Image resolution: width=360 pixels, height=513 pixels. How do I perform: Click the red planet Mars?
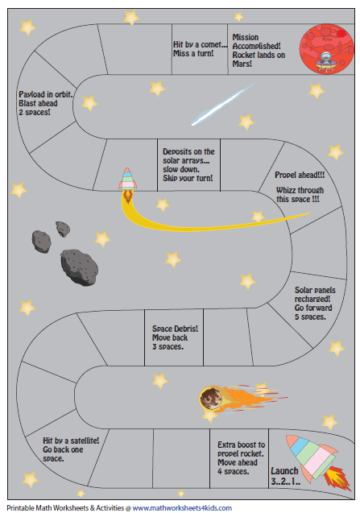click(326, 49)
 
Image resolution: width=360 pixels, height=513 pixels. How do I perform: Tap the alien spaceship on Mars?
click(325, 62)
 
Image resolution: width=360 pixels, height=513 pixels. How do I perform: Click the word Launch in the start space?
click(284, 471)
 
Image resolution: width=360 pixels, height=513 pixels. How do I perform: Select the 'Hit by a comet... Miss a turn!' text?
click(200, 49)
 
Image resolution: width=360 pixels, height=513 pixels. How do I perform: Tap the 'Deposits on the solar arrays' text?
click(188, 165)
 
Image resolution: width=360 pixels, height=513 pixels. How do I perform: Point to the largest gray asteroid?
click(79, 267)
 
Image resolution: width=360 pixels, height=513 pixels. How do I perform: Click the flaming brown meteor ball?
click(211, 398)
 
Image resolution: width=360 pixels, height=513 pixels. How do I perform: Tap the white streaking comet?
click(223, 104)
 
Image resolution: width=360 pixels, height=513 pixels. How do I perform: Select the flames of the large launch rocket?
click(337, 478)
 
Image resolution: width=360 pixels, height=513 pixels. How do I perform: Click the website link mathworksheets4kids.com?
click(182, 508)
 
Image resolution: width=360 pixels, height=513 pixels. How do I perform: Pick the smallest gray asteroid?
click(63, 229)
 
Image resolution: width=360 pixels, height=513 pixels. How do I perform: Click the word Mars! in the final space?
click(242, 64)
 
